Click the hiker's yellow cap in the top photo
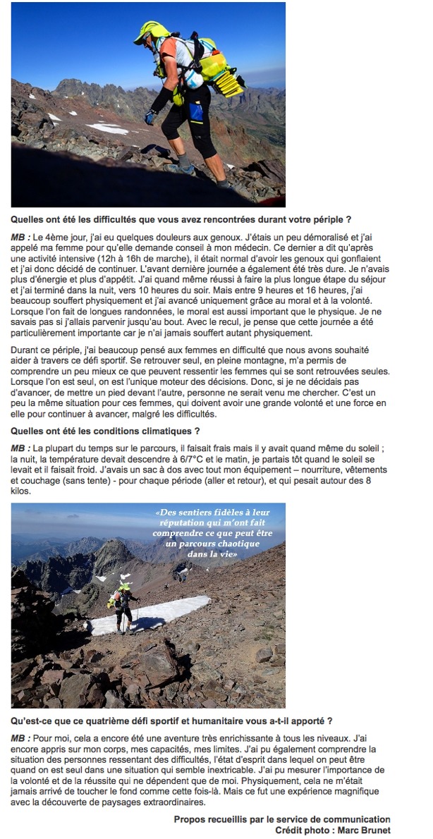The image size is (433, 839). [154, 30]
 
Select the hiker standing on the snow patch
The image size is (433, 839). [123, 606]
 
